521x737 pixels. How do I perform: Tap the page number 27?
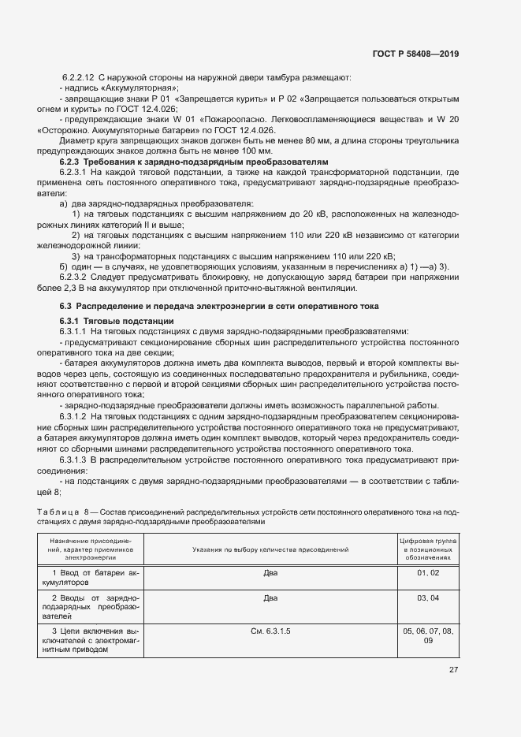(453, 670)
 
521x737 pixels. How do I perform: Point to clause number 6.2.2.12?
(79, 77)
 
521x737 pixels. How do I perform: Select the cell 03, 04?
(428, 599)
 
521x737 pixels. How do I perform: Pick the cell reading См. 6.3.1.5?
(270, 632)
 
